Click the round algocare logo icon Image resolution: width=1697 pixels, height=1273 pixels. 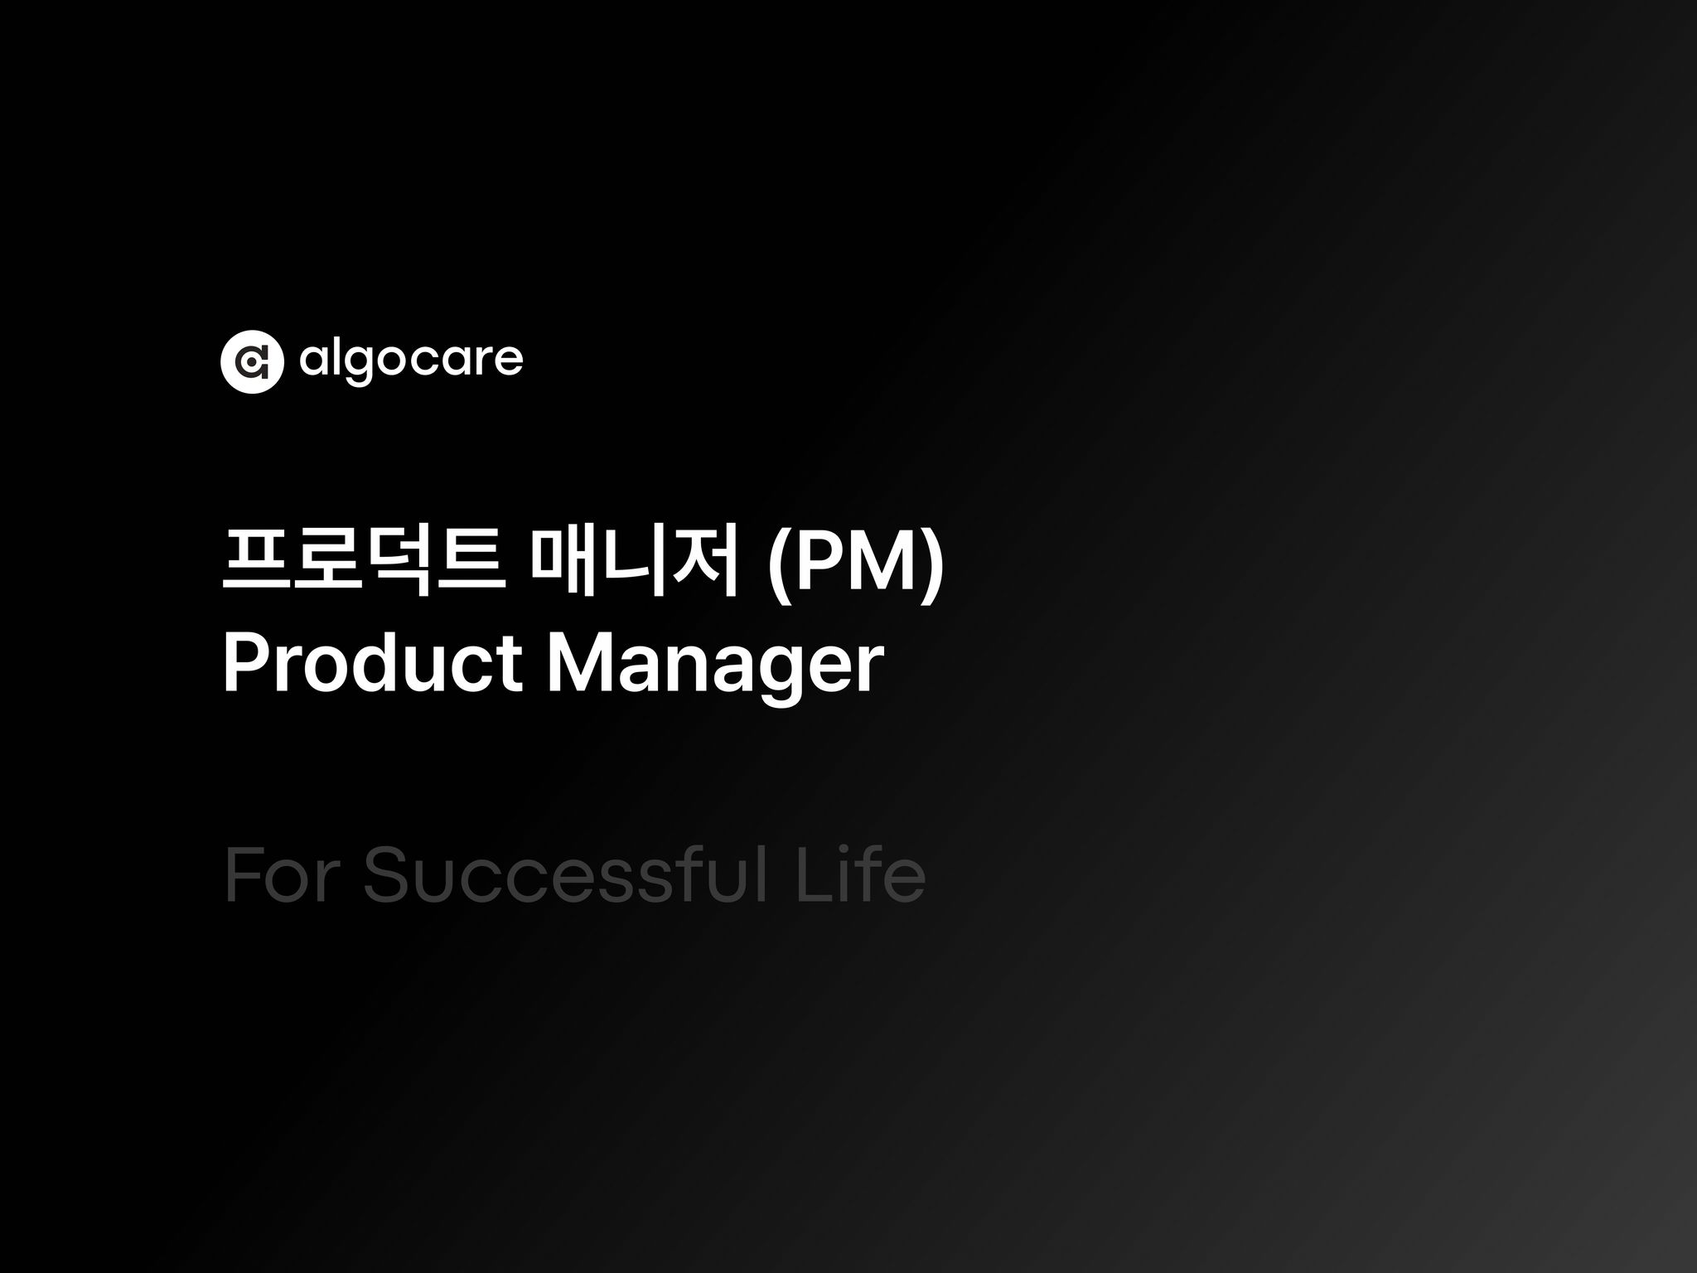click(x=252, y=361)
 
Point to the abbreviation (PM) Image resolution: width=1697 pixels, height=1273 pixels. click(x=854, y=565)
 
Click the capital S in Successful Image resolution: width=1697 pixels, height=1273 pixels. click(x=391, y=875)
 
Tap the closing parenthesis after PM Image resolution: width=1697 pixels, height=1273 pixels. click(x=934, y=567)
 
